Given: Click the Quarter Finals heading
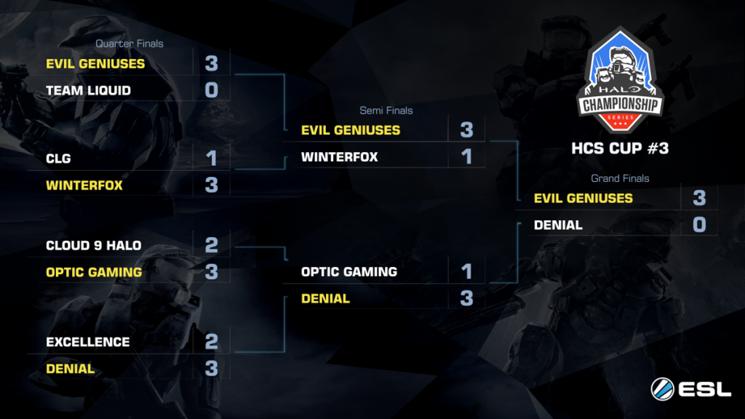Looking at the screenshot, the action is pyautogui.click(x=130, y=44).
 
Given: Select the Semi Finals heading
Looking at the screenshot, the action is pyautogui.click(x=386, y=111).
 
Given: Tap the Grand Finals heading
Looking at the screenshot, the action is pyautogui.click(x=620, y=179).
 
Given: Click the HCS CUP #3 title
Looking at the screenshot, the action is pyautogui.click(x=620, y=148).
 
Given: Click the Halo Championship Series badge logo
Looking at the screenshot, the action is pyautogui.click(x=620, y=80).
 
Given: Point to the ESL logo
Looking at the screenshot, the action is pyautogui.click(x=691, y=389).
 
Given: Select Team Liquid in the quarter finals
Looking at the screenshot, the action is pyautogui.click(x=88, y=90).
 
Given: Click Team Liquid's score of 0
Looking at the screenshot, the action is pyautogui.click(x=212, y=89).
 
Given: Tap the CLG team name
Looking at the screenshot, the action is pyautogui.click(x=58, y=159).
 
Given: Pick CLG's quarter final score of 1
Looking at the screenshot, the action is pyautogui.click(x=212, y=158).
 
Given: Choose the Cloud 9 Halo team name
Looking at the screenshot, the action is pyautogui.click(x=93, y=246).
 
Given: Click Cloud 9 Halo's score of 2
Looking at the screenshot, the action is pyautogui.click(x=212, y=245).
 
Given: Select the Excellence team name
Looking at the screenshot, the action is pyautogui.click(x=87, y=342).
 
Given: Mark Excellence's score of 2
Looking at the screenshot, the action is pyautogui.click(x=212, y=342).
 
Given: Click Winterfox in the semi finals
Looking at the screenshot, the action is pyautogui.click(x=339, y=157).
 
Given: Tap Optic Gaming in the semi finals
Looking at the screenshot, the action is pyautogui.click(x=348, y=272).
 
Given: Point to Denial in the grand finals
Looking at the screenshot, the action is pyautogui.click(x=558, y=226).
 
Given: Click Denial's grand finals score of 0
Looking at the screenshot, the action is pyautogui.click(x=699, y=225).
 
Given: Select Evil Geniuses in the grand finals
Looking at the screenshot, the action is pyautogui.click(x=583, y=198).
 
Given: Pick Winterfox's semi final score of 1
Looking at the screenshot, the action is pyautogui.click(x=467, y=157).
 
